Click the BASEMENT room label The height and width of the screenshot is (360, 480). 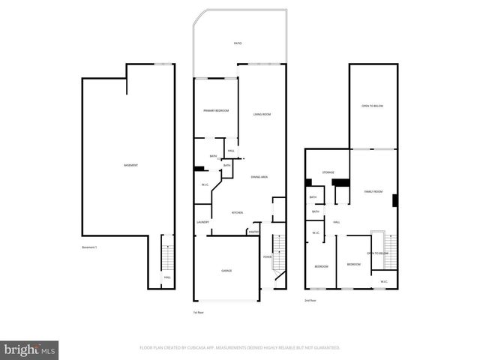(130, 165)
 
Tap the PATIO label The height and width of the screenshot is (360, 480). (237, 44)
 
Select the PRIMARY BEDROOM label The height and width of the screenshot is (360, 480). (216, 111)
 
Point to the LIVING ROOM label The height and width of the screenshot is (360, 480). (261, 114)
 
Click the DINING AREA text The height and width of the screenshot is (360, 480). (259, 176)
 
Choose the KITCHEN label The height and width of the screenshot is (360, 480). (237, 213)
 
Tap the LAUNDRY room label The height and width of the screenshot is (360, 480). (202, 223)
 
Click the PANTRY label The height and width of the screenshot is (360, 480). (253, 232)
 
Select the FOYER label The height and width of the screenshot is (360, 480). (267, 258)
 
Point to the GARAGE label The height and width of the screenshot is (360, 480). (226, 271)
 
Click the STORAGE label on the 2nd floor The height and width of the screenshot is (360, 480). (328, 173)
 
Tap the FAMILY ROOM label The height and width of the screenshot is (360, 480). (373, 192)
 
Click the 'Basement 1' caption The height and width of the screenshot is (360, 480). (91, 247)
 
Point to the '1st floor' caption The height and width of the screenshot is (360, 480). (198, 312)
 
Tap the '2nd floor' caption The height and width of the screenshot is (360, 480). (310, 301)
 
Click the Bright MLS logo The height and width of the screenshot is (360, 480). (30, 349)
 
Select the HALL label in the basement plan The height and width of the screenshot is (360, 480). (167, 277)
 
